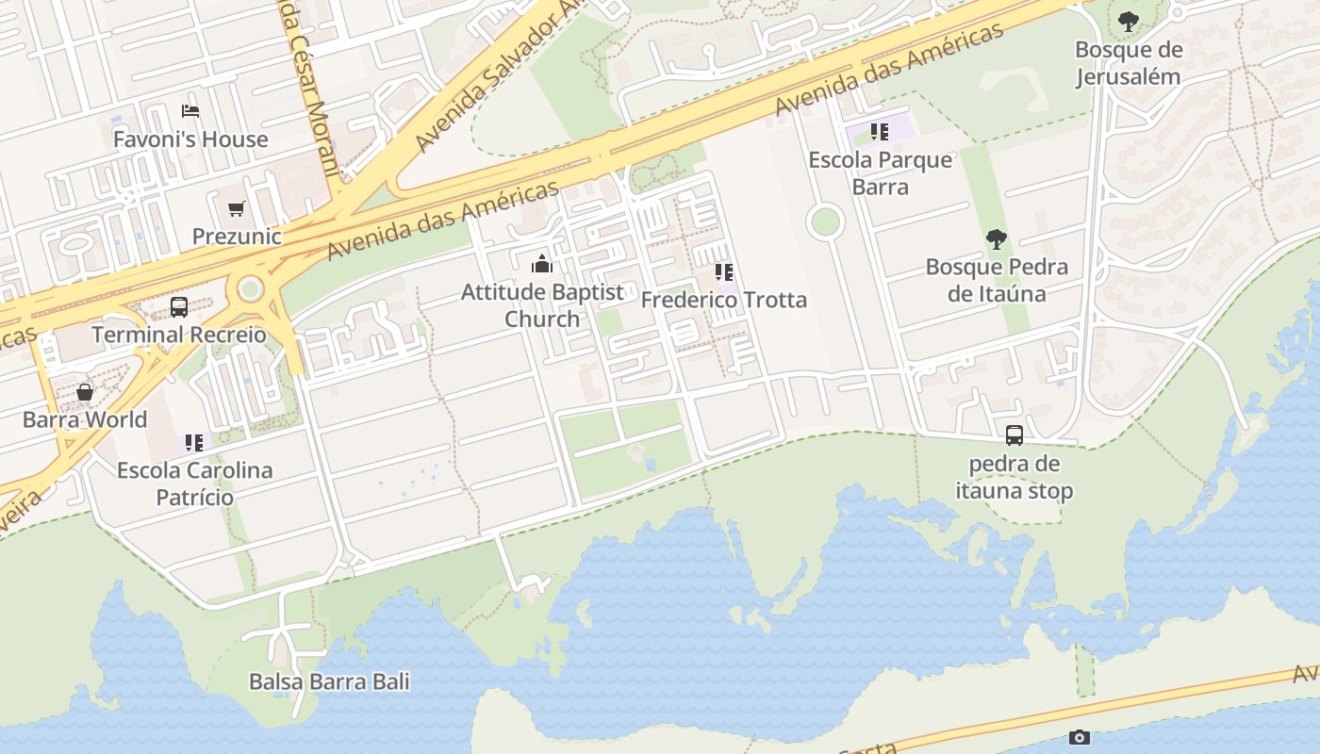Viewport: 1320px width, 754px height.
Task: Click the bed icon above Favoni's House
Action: pyautogui.click(x=190, y=110)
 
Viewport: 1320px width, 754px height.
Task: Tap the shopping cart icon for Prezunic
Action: pyautogui.click(x=236, y=208)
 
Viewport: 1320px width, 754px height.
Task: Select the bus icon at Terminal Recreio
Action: pyautogui.click(x=178, y=306)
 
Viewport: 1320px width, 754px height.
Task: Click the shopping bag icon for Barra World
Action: pyautogui.click(x=85, y=392)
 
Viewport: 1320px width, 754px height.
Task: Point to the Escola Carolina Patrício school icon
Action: pyautogui.click(x=194, y=442)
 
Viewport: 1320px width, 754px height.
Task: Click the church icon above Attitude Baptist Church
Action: pyautogui.click(x=542, y=264)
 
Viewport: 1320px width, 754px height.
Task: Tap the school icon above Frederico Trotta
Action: pyautogui.click(x=723, y=272)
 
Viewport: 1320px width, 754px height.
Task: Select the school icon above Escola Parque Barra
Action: pyautogui.click(x=880, y=132)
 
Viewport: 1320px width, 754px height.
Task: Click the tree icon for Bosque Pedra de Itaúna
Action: pyautogui.click(x=997, y=239)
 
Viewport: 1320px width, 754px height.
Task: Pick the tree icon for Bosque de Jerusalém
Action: pyautogui.click(x=1128, y=22)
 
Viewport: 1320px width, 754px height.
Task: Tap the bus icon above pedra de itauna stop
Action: pyautogui.click(x=1015, y=435)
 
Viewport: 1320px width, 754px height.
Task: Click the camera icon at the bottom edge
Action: pyautogui.click(x=1080, y=737)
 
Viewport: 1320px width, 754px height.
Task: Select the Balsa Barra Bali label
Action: pyautogui.click(x=329, y=681)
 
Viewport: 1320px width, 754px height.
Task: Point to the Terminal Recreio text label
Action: pyautogui.click(x=179, y=335)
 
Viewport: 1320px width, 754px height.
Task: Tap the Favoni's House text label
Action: pyautogui.click(x=190, y=139)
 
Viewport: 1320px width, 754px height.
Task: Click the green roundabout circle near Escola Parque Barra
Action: pyautogui.click(x=825, y=222)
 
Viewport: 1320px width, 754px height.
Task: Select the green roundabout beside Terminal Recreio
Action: pyautogui.click(x=250, y=288)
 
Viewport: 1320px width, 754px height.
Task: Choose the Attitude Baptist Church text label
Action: pyautogui.click(x=542, y=305)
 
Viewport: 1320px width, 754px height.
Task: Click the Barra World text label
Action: pyautogui.click(x=85, y=419)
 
